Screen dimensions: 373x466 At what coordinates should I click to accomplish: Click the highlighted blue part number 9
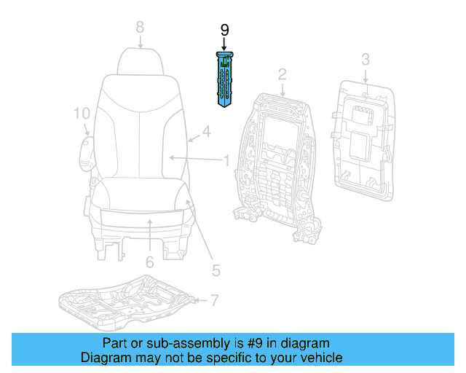(x=224, y=79)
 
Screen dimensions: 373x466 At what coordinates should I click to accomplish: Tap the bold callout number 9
(x=224, y=30)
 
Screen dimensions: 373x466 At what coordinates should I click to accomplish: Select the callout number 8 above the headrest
(x=140, y=28)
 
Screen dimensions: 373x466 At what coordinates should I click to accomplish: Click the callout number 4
(x=206, y=132)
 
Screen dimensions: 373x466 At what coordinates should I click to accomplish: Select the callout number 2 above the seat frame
(x=282, y=74)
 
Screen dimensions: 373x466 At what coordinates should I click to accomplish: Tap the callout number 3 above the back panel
(x=366, y=59)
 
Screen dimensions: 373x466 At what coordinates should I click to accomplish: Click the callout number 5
(x=216, y=270)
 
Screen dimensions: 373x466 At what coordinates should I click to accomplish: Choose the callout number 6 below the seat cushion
(x=149, y=262)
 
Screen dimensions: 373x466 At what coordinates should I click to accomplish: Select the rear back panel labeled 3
(x=363, y=138)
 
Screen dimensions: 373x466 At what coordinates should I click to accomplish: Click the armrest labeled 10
(x=85, y=152)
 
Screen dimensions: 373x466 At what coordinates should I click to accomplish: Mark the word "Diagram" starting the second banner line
(x=106, y=358)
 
